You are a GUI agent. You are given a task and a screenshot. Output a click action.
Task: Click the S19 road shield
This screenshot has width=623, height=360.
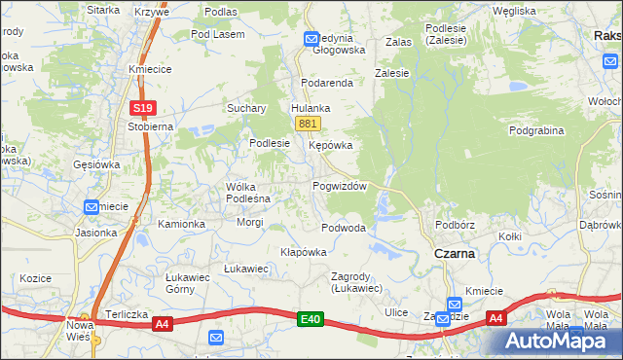142,108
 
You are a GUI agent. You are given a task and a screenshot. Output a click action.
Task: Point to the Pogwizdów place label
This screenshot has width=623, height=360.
339,185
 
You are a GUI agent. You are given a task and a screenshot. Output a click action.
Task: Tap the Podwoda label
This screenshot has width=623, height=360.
344,228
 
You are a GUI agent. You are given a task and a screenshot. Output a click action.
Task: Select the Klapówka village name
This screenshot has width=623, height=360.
303,251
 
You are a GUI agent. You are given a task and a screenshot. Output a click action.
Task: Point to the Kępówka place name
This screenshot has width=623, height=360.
330,145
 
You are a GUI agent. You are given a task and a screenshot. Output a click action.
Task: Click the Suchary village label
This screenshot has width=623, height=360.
246,108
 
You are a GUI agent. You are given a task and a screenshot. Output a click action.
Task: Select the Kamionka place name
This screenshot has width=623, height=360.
182,224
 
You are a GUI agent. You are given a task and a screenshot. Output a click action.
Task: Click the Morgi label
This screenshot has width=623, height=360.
250,222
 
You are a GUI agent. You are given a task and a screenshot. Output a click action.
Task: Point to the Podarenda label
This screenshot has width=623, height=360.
326,83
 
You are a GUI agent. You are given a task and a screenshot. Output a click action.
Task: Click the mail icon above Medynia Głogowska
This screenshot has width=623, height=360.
311,39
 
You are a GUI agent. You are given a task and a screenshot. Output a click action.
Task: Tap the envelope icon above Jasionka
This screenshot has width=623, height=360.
92,206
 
